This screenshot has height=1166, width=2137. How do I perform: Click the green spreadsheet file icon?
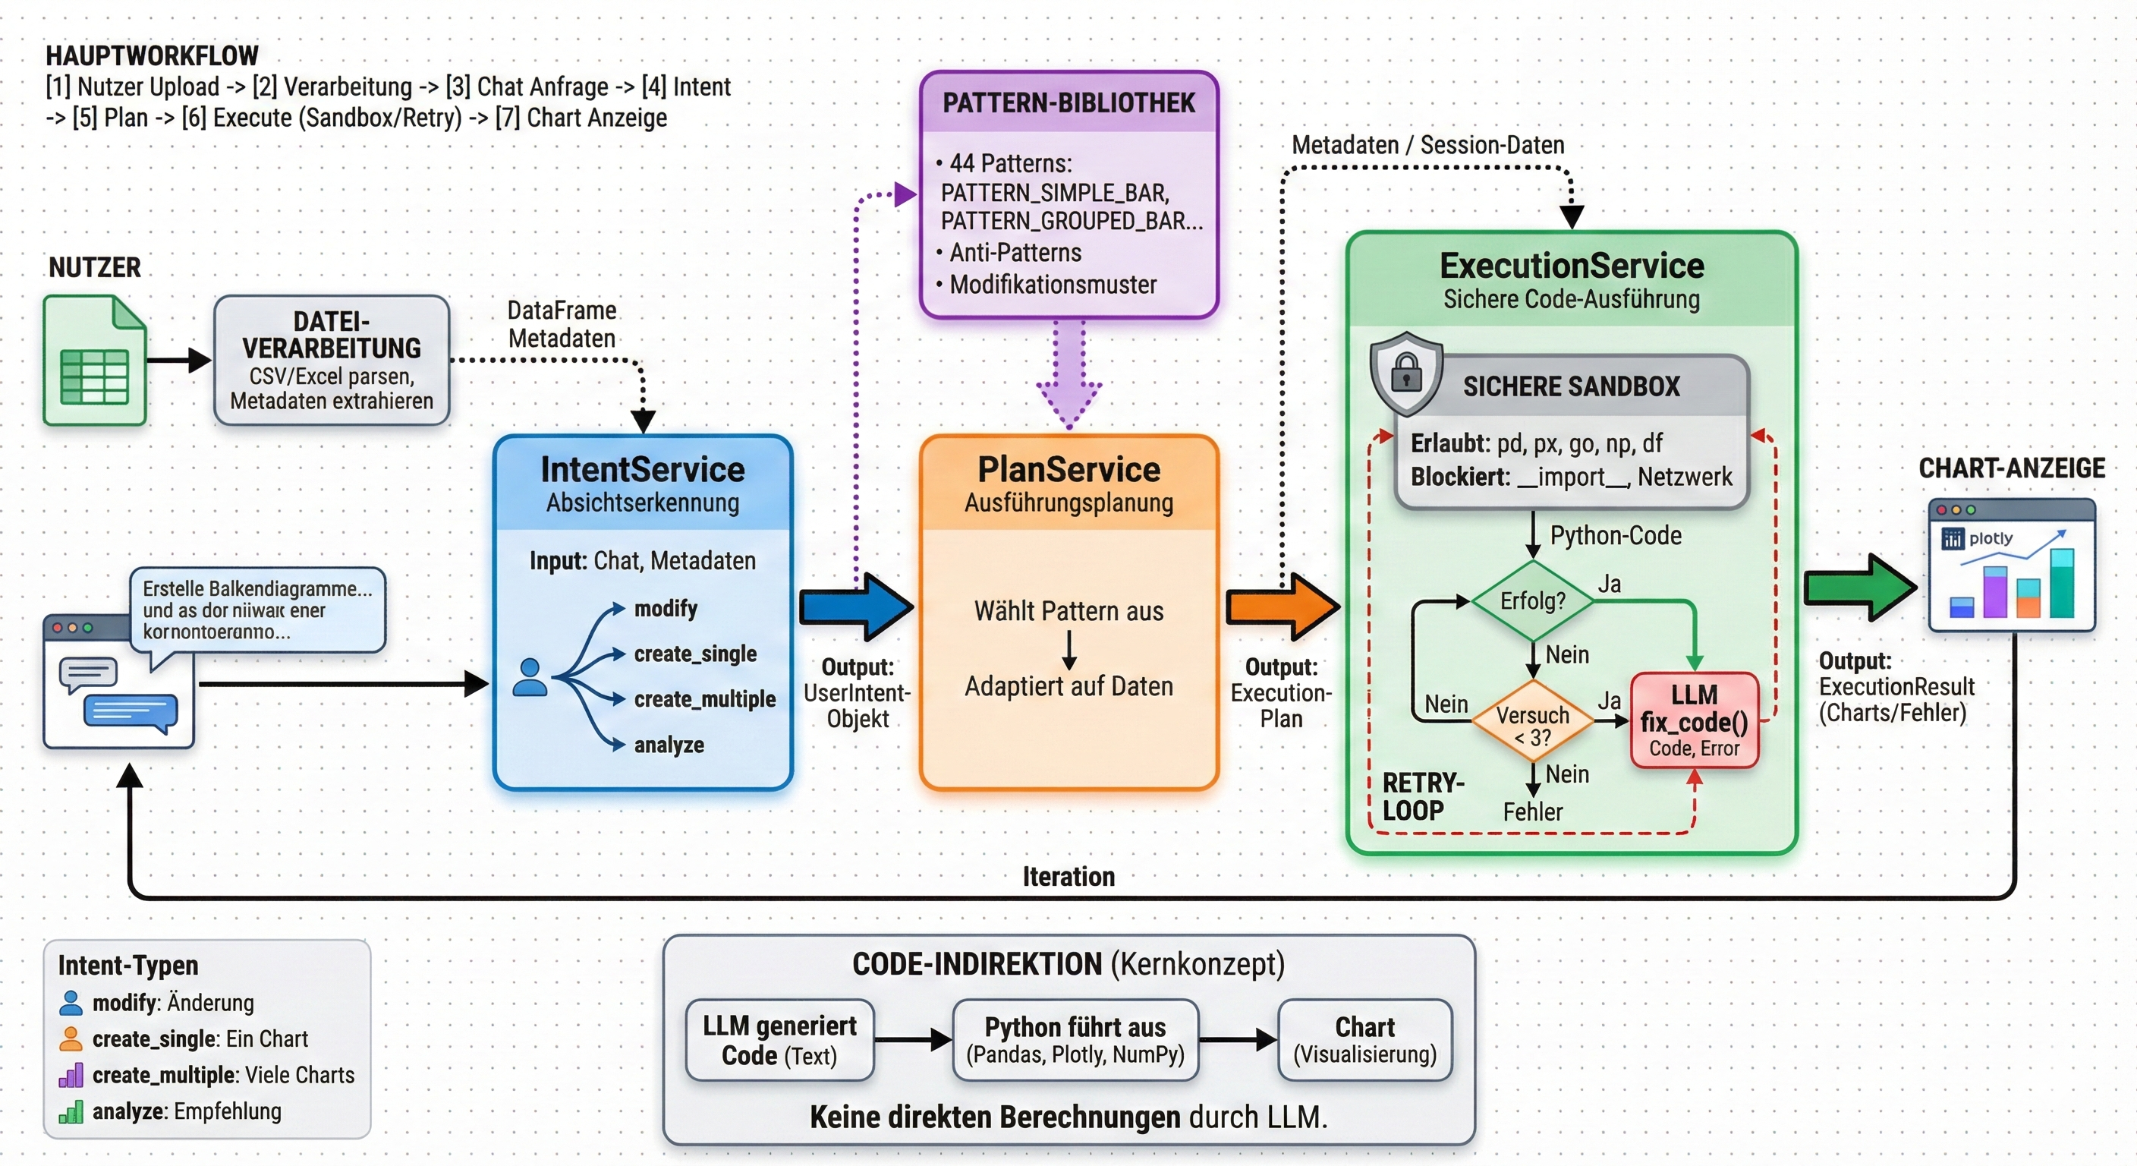pyautogui.click(x=95, y=361)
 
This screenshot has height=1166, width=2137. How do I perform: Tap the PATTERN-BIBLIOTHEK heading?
pyautogui.click(x=1068, y=103)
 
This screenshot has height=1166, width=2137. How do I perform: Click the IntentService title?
pyautogui.click(x=642, y=470)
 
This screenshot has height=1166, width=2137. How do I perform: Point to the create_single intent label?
pyautogui.click(x=695, y=654)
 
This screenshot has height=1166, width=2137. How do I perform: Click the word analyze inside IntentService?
pyautogui.click(x=669, y=745)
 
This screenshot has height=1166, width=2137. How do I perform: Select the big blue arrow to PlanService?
pyautogui.click(x=856, y=607)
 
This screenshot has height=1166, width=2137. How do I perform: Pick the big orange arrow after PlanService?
pyautogui.click(x=1283, y=607)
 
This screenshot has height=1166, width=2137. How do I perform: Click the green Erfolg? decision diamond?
pyautogui.click(x=1532, y=601)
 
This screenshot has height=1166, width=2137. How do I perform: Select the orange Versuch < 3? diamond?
pyautogui.click(x=1532, y=724)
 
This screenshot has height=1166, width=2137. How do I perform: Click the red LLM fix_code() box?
pyautogui.click(x=1694, y=720)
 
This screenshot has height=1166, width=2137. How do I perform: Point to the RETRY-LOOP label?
pyautogui.click(x=1422, y=797)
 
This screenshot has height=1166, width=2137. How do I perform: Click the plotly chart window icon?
pyautogui.click(x=2012, y=566)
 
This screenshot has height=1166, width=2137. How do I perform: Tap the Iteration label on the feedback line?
pyautogui.click(x=1068, y=876)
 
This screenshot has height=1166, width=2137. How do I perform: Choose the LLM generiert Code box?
pyautogui.click(x=780, y=1041)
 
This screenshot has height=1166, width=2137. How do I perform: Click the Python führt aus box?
pyautogui.click(x=1075, y=1041)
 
